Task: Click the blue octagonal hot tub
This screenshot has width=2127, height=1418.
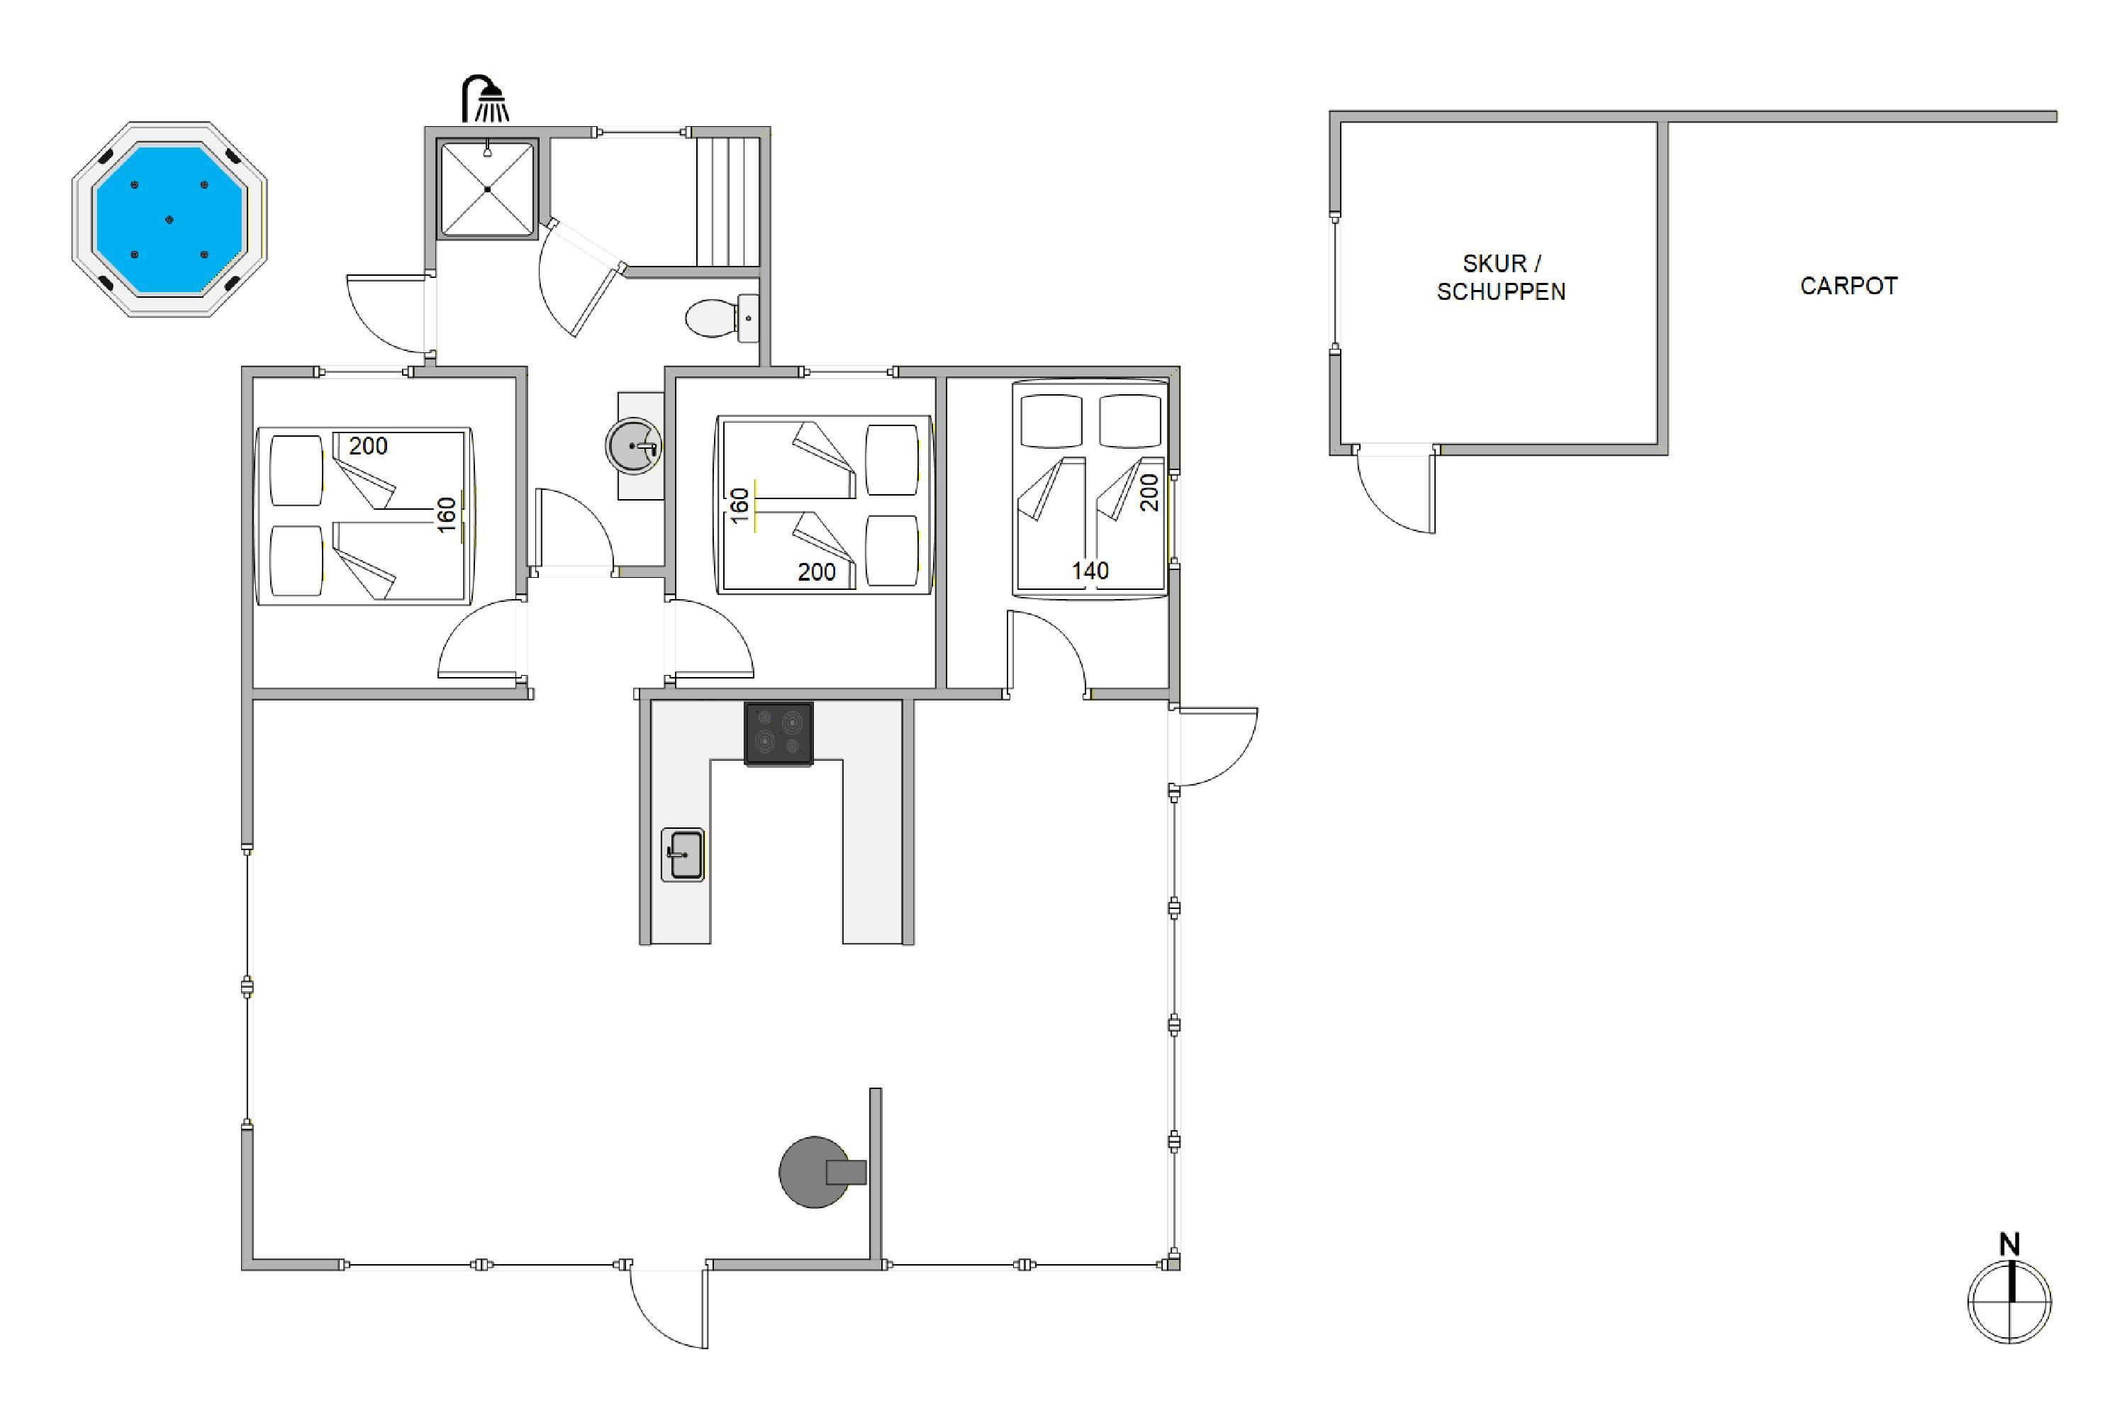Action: tap(170, 220)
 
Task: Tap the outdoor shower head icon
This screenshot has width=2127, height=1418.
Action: tap(485, 99)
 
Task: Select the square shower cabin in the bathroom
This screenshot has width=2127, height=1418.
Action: tap(488, 189)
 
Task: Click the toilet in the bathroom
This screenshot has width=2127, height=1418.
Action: tap(722, 318)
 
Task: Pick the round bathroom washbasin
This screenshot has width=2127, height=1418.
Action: tap(633, 446)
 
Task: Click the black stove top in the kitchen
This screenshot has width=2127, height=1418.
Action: tap(778, 735)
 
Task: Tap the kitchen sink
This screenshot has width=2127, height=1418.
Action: tap(683, 854)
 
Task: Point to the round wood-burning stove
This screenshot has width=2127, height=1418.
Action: tap(816, 1172)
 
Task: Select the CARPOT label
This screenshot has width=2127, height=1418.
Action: tap(1848, 286)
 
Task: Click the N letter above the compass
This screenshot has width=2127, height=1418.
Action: tap(2009, 1244)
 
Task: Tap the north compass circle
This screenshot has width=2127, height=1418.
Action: tap(2009, 1302)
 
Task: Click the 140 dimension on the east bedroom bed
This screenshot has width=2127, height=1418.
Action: tap(1090, 571)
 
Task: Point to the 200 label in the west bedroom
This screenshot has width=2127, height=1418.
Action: tap(368, 446)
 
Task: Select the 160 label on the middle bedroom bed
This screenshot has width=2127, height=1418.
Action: tap(739, 506)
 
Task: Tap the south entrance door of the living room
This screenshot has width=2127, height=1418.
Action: tap(669, 1305)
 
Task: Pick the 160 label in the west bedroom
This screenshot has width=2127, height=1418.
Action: tap(447, 515)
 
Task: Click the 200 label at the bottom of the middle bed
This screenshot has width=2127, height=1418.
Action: tap(817, 571)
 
